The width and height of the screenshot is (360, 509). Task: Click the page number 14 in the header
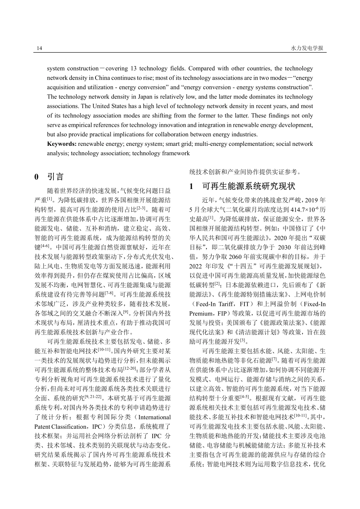[39, 48]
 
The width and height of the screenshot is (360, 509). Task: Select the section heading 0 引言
[49, 177]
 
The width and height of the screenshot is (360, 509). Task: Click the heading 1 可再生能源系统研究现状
[242, 186]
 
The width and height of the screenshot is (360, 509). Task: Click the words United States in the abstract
[98, 106]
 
